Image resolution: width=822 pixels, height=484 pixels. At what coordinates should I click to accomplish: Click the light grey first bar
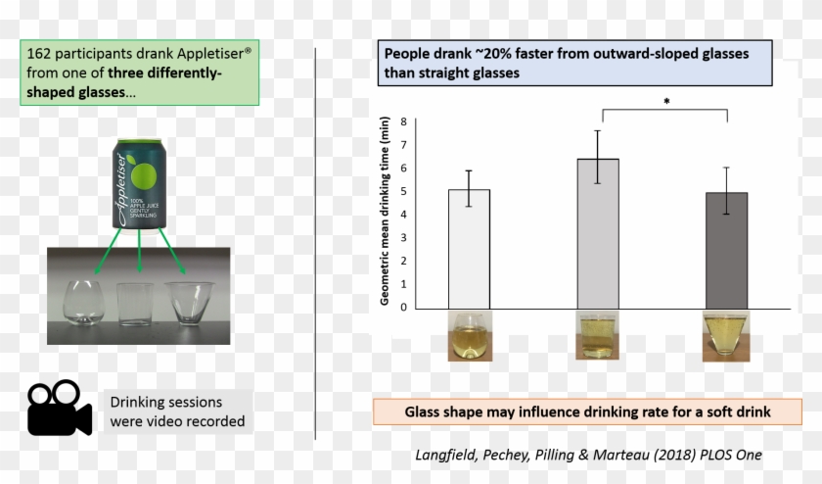[469, 248]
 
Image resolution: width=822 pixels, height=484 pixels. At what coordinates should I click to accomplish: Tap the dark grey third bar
[727, 250]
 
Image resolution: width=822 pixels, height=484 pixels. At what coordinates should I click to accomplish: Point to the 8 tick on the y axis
[403, 121]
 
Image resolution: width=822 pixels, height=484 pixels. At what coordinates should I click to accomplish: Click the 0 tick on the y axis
[403, 308]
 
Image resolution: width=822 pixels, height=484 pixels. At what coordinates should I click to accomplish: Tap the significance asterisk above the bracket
[666, 101]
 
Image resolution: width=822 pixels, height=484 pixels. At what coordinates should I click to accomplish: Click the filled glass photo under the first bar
[469, 337]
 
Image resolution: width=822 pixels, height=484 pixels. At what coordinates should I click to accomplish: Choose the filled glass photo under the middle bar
[597, 337]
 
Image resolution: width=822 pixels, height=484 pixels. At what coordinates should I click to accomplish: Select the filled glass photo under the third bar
[727, 337]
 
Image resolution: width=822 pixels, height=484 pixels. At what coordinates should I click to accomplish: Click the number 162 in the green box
[43, 52]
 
